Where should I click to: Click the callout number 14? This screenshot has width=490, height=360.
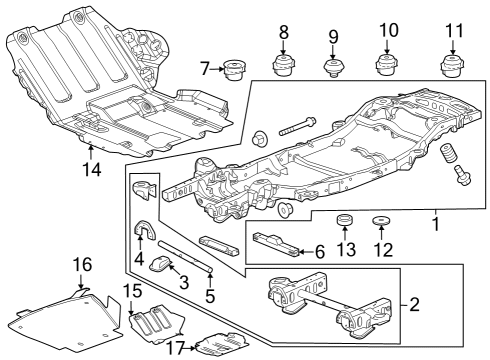tap(92, 170)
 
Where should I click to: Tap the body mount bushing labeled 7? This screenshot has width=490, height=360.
tap(234, 69)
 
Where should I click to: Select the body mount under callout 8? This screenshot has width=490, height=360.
tap(283, 66)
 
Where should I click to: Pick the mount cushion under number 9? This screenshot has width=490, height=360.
tap(333, 68)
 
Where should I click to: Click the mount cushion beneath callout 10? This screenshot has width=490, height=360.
tap(387, 65)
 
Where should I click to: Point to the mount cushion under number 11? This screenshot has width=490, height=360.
tap(452, 66)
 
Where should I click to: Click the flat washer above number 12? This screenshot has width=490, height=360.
tap(381, 221)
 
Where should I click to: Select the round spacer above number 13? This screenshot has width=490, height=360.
tap(344, 220)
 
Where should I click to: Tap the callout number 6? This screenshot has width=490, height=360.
tap(319, 252)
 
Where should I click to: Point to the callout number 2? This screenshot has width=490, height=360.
tap(414, 304)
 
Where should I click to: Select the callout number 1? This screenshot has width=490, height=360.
tap(436, 224)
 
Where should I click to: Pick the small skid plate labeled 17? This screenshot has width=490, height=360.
tap(222, 343)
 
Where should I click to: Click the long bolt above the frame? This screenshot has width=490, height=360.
tap(297, 126)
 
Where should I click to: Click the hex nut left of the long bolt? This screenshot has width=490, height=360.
tap(259, 138)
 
